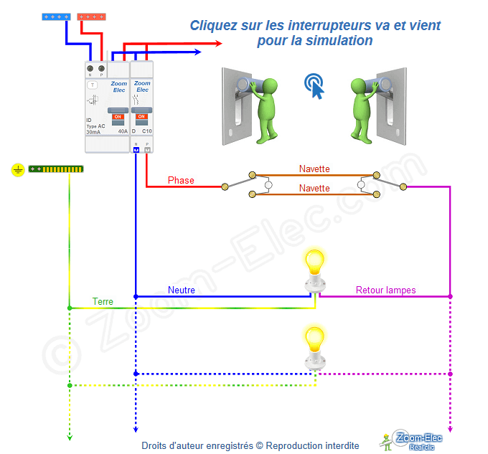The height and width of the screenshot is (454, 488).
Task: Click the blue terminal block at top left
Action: [x=55, y=16]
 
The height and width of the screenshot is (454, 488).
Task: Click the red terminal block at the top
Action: [x=92, y=16]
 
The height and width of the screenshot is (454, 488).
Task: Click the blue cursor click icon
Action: [x=314, y=85]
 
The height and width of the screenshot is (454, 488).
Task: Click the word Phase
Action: [x=181, y=180]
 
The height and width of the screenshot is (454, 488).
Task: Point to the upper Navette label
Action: [x=314, y=169]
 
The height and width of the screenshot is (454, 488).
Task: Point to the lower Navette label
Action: [x=314, y=188]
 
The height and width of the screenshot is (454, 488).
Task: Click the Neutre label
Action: [x=182, y=290]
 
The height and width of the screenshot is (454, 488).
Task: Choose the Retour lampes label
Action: [x=385, y=290]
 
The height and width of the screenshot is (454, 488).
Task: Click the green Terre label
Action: [x=103, y=302]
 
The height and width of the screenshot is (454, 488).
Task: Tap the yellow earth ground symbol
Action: [x=18, y=170]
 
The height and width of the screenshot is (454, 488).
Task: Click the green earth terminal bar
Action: [x=56, y=170]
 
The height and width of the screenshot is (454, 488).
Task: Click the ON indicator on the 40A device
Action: [x=118, y=116]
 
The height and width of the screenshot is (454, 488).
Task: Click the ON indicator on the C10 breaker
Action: [x=141, y=116]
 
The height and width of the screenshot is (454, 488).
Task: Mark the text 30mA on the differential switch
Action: [x=93, y=132]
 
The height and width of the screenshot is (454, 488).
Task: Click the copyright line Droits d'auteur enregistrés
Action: [x=250, y=445]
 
